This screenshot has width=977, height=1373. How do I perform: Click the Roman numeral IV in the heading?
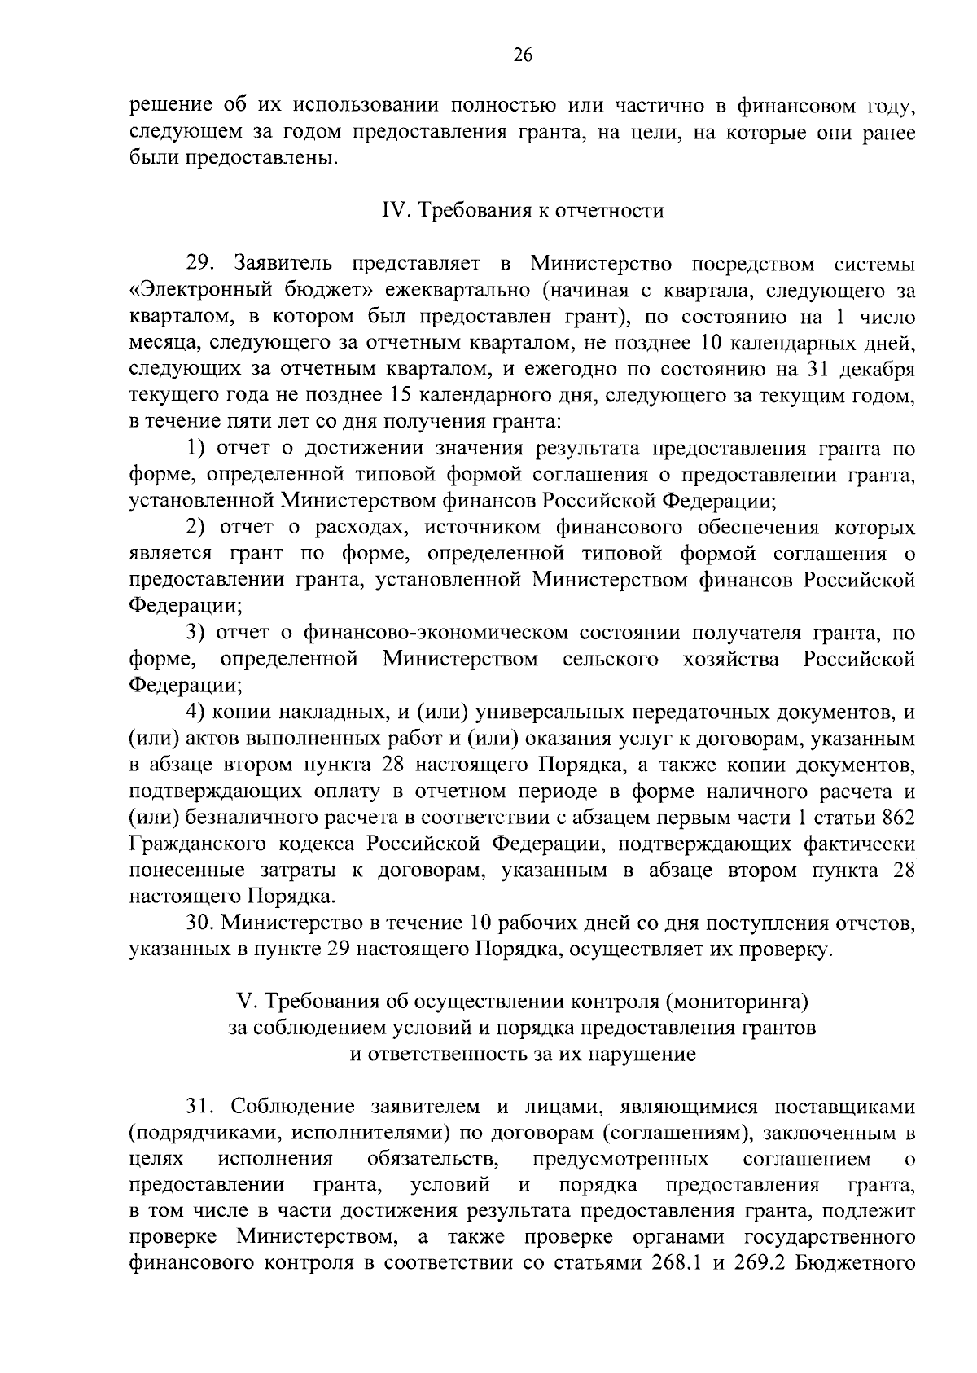395,212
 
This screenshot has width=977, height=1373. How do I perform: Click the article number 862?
899,818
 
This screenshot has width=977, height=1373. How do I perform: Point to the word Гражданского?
205,844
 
